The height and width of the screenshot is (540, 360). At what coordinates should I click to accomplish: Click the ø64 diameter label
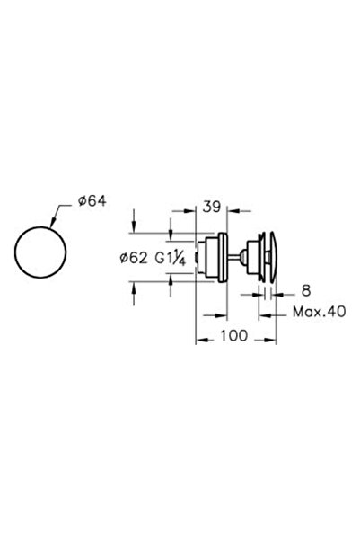pos(92,200)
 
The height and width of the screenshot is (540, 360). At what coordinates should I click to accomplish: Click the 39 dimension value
pos(211,207)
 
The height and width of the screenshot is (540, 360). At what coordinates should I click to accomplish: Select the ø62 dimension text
pos(134,258)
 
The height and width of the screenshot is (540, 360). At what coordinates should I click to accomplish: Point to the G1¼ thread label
pos(171,257)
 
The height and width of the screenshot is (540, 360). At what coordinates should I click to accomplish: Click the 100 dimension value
pos(233,335)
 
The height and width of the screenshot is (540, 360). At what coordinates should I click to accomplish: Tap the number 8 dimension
pos(306,290)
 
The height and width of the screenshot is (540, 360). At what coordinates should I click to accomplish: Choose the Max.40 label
pos(319,312)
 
